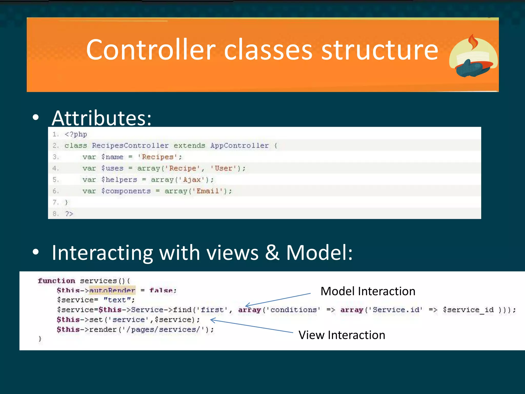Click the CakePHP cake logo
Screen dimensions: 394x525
coord(473,56)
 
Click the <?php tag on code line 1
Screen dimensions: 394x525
coord(76,134)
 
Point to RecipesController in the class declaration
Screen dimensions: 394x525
coord(130,146)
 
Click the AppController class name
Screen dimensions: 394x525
coord(239,146)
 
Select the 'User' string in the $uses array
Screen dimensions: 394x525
coord(224,169)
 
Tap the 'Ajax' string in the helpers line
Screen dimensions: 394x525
coord(192,180)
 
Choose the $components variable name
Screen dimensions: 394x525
coord(126,191)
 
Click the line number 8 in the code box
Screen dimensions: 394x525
coord(55,214)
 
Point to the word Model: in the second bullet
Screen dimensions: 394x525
coord(319,253)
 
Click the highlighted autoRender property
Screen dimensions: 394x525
coord(112,290)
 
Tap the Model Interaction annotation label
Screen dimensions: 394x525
coord(368,291)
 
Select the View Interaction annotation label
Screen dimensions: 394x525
coord(342,335)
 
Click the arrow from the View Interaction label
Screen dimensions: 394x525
coord(251,326)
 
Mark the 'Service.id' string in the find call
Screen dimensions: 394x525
coord(395,310)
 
